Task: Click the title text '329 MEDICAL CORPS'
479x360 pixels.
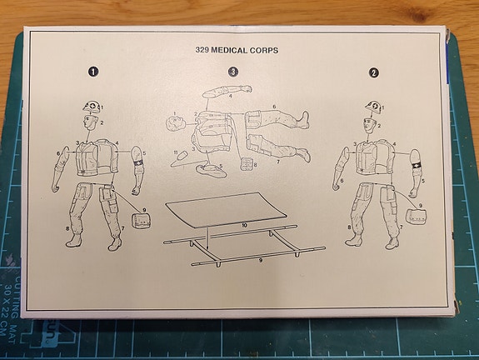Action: [x=237, y=50]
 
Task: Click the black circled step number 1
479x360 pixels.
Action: [x=93, y=72]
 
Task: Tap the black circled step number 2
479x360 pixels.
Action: [x=373, y=72]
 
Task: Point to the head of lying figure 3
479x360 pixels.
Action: [x=175, y=122]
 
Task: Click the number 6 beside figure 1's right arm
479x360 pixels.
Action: [x=57, y=153]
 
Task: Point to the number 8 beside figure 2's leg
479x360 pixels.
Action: [x=347, y=226]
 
